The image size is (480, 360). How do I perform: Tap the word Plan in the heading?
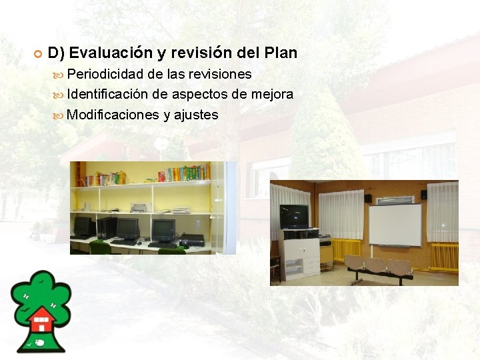coord(281,52)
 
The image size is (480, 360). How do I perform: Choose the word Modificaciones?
coord(113,115)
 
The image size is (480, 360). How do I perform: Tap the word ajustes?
coord(196,115)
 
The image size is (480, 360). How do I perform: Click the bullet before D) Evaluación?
coord(38,53)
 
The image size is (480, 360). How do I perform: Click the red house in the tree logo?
coord(42,320)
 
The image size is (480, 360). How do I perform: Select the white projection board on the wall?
coord(395,225)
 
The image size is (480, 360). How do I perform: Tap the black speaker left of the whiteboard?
coord(367,197)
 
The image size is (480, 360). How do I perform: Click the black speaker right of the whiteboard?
coord(423,195)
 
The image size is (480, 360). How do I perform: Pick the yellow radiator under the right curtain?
coord(444,256)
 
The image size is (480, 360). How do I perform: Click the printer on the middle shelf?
coord(139,207)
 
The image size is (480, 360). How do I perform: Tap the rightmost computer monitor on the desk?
coord(163,230)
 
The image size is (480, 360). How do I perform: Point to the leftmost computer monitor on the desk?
coord(83,226)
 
